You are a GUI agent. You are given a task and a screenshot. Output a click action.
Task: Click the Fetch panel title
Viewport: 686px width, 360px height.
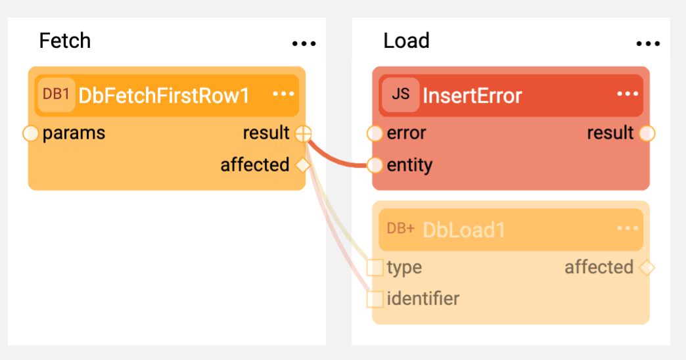coord(65,41)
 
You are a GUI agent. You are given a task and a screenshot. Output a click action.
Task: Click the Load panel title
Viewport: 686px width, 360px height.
coord(407,41)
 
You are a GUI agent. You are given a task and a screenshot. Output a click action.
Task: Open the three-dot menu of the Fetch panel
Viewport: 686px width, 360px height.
coord(304,43)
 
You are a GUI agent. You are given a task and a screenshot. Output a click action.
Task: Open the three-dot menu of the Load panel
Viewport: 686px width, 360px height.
coord(648,43)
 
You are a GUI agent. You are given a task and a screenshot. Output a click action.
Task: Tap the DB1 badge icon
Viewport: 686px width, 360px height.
coord(56,95)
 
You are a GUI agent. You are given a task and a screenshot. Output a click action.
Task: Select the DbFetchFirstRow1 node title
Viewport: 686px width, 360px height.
coord(164,95)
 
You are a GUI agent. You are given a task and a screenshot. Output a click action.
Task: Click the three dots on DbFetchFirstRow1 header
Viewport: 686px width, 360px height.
coord(283,93)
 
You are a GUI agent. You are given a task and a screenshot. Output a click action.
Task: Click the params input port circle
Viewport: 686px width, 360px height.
coord(31,133)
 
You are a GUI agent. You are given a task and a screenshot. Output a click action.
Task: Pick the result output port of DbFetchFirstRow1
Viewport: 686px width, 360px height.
coord(303,133)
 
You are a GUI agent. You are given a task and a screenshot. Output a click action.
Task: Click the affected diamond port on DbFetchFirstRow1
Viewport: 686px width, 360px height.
coord(303,166)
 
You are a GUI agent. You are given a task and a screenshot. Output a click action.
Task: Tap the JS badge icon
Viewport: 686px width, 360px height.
coord(401,95)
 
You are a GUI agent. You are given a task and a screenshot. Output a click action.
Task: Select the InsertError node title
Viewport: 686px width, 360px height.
coord(472,95)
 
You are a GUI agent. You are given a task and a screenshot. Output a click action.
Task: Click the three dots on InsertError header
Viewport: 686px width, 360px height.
coord(628,93)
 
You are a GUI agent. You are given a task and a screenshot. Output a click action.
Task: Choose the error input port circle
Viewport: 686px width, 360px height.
coord(375,133)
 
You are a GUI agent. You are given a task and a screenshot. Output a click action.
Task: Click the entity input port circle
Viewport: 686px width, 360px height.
coord(375,166)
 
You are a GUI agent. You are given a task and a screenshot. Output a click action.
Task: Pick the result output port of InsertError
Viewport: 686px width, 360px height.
coord(647,133)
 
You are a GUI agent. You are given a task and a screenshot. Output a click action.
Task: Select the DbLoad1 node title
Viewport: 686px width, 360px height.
coord(464,230)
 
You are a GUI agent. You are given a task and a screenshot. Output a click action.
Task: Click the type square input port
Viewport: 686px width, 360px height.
coord(375,267)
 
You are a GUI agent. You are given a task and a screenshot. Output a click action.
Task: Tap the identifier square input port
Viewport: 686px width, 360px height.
coord(375,299)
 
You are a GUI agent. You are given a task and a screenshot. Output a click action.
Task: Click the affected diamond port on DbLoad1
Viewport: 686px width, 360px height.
coord(647,267)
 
